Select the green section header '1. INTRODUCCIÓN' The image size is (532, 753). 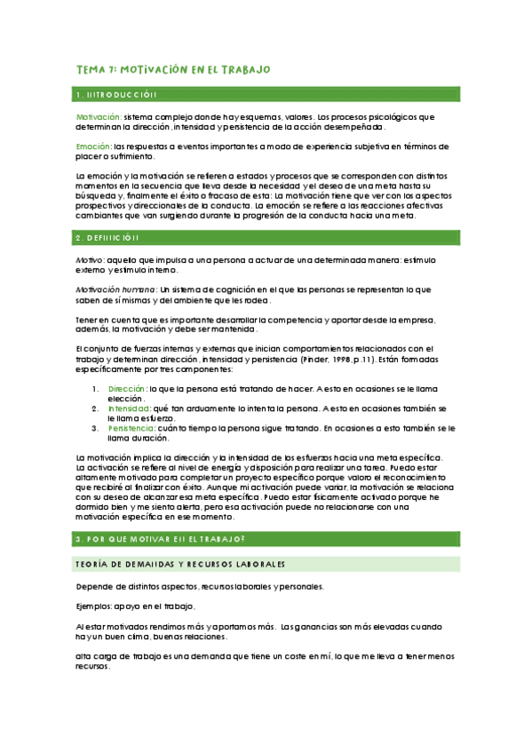click(116, 94)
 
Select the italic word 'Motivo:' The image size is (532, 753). click(90, 259)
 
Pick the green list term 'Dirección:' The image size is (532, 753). click(128, 389)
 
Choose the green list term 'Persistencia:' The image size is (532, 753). click(132, 428)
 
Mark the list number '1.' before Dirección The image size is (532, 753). click(96, 389)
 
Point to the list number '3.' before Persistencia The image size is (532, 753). click(96, 428)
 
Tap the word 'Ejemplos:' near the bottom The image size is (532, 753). click(96, 607)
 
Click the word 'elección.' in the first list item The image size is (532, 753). click(125, 399)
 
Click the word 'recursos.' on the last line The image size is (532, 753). click(93, 666)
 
